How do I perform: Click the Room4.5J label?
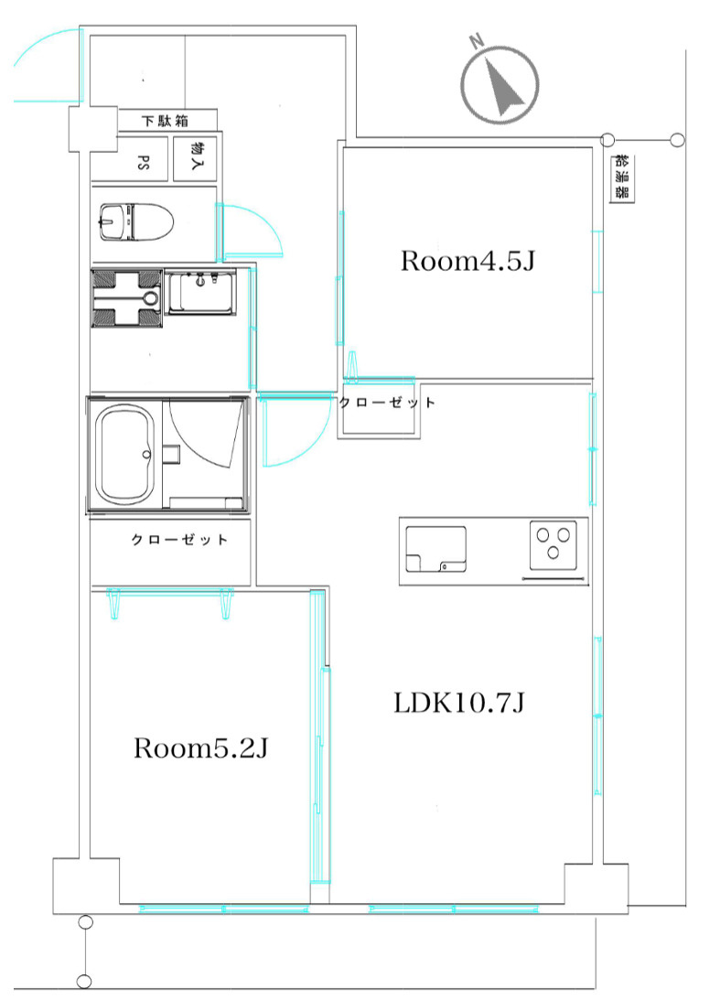(467, 261)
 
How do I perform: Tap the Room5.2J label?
(200, 747)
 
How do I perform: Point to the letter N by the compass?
(476, 42)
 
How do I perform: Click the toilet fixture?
(136, 221)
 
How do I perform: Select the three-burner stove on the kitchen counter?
(553, 545)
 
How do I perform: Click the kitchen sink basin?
(435, 549)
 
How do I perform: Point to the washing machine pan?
(126, 298)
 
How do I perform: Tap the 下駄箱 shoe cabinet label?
(166, 121)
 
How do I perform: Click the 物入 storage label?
(197, 155)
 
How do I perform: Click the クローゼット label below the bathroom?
(179, 540)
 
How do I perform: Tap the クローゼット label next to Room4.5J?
(387, 403)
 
